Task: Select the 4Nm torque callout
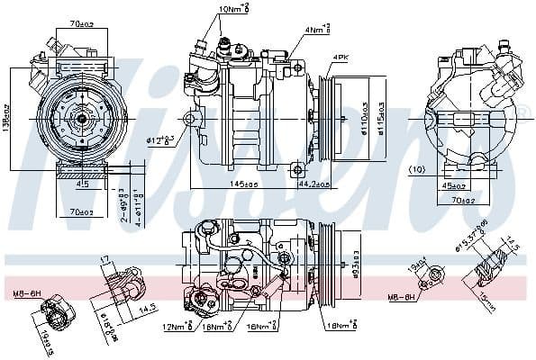coord(317,30)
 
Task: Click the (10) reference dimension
coord(417,169)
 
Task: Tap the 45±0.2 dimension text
coord(454,186)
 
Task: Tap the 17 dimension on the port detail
coord(105,261)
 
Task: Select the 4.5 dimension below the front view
coord(82,184)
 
